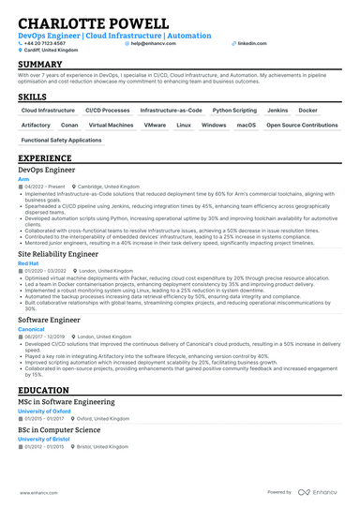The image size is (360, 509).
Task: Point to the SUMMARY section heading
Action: pyautogui.click(x=37, y=64)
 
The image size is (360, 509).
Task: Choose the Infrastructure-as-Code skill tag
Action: pyautogui.click(x=171, y=110)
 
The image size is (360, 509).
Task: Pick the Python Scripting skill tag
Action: pyautogui.click(x=233, y=110)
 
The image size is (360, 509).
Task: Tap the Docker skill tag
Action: pyautogui.click(x=322, y=110)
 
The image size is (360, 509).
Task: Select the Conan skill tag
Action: pyautogui.click(x=69, y=125)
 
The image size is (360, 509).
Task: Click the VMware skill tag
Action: pyautogui.click(x=156, y=125)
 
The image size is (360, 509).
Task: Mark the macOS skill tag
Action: pyautogui.click(x=246, y=125)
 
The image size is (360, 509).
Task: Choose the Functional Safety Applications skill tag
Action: pyautogui.click(x=61, y=140)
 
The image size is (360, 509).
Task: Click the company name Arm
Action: pyautogui.click(x=22, y=179)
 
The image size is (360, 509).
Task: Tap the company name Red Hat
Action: pyautogui.click(x=28, y=264)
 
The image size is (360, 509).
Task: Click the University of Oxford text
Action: pyautogui.click(x=46, y=410)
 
